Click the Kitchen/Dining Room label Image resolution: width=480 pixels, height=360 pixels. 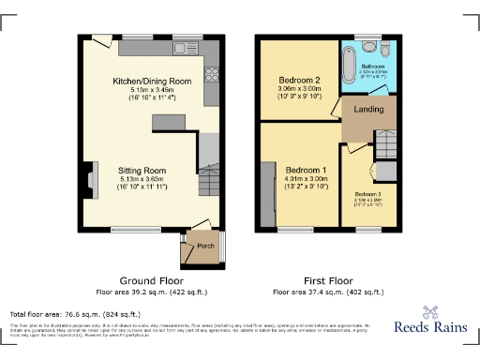click(151, 82)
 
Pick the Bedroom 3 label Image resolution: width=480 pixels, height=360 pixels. click(367, 192)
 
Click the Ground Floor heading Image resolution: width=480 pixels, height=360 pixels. click(151, 280)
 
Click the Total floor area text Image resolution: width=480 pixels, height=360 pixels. click(75, 314)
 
